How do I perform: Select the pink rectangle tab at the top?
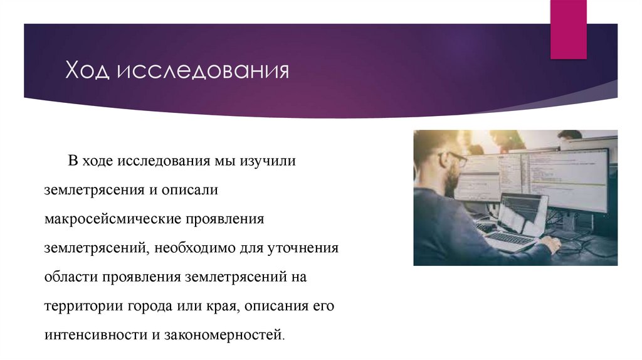[568, 28]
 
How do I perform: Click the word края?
[223, 305]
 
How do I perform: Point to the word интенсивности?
[94, 334]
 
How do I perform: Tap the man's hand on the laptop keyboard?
[551, 243]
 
